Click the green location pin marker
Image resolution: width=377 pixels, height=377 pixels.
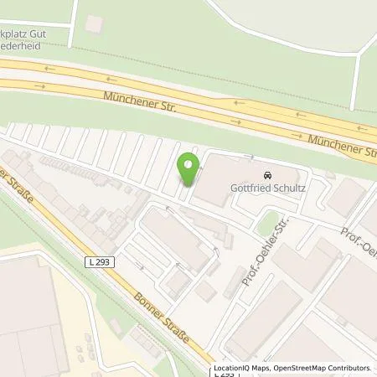(188, 167)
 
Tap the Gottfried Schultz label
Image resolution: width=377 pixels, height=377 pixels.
(266, 188)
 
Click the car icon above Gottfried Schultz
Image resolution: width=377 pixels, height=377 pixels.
(266, 176)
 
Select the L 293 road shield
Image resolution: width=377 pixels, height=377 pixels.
(99, 262)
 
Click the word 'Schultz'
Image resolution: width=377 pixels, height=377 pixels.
(287, 188)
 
